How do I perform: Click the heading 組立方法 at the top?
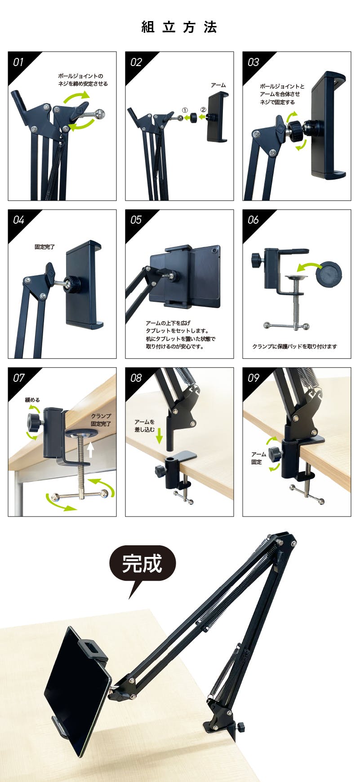(179, 27)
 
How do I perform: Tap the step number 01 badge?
(18, 62)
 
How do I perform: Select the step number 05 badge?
(136, 220)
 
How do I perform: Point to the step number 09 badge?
(253, 378)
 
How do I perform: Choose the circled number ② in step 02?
(203, 109)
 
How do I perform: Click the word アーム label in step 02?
(218, 85)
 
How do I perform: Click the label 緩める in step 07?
(32, 400)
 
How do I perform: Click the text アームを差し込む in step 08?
(145, 426)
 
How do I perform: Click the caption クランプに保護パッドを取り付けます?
(294, 346)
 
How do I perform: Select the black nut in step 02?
(193, 118)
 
